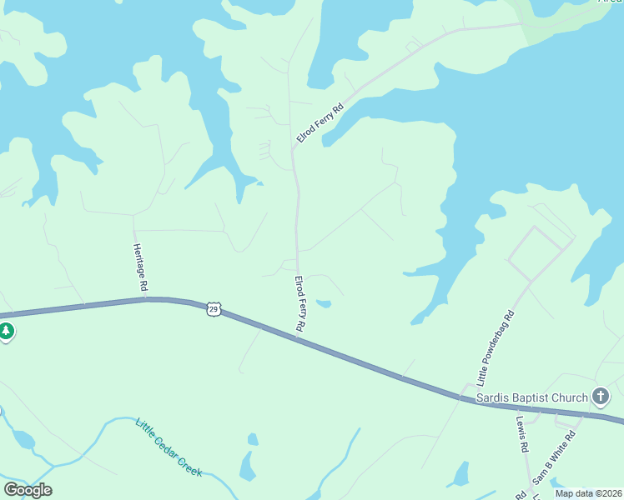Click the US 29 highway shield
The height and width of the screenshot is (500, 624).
pos(214,308)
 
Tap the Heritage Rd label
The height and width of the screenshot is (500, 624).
pos(139,267)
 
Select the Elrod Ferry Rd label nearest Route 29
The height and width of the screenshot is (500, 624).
pos(299,305)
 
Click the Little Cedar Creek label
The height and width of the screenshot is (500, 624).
pos(169,447)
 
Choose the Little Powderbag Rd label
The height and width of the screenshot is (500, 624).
pos(496,348)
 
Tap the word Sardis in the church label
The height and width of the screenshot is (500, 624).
pos(492,397)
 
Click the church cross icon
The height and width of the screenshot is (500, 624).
pos(600,397)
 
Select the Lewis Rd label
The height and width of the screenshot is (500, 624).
pos(522,434)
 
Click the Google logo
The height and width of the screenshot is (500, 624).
pos(28,489)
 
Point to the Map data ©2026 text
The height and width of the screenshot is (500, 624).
pos(587,493)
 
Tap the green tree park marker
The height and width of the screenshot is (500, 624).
pos(6,332)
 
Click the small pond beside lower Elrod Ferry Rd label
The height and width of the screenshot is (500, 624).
pos(324,303)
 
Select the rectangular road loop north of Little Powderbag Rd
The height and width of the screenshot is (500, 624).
pos(541,252)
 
